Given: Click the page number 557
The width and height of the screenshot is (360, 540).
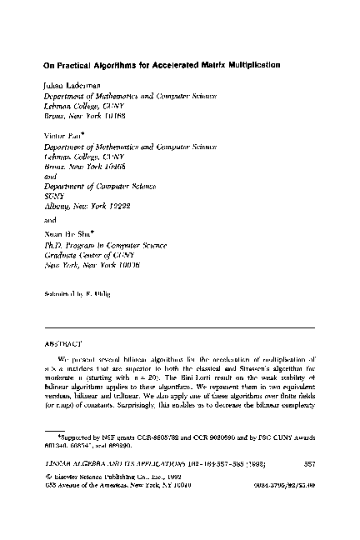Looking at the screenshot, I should (309, 464).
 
